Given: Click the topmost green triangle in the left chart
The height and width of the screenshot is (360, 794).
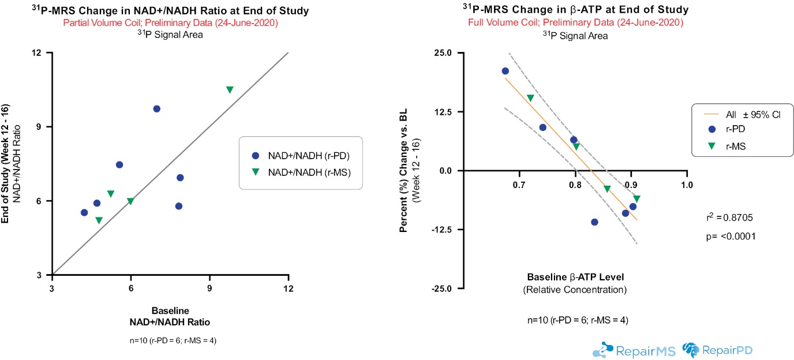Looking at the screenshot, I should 230,89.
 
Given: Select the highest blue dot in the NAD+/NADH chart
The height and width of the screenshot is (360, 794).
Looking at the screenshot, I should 156,109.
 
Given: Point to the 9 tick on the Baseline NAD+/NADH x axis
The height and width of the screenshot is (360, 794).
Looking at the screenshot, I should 209,288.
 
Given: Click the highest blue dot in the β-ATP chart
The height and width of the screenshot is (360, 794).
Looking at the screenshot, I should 505,71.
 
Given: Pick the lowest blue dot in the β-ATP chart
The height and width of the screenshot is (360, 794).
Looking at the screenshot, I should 594,222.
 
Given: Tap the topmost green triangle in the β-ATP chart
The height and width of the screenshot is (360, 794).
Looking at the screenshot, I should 530,98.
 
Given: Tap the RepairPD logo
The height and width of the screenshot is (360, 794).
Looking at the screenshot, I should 718,350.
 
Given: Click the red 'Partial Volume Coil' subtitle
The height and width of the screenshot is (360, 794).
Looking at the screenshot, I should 167,23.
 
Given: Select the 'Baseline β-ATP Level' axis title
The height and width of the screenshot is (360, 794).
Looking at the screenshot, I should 575,277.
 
